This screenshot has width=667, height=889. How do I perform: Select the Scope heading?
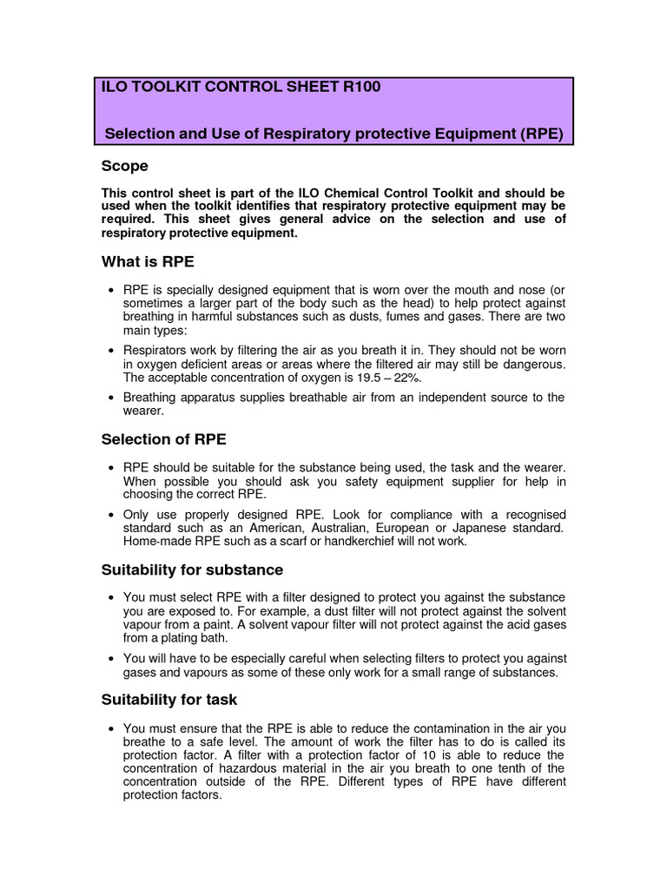point(125,166)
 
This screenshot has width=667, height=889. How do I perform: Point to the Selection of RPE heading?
point(163,439)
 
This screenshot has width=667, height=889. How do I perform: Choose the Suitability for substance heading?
point(192,570)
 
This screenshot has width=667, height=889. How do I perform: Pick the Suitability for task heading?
point(169,700)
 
